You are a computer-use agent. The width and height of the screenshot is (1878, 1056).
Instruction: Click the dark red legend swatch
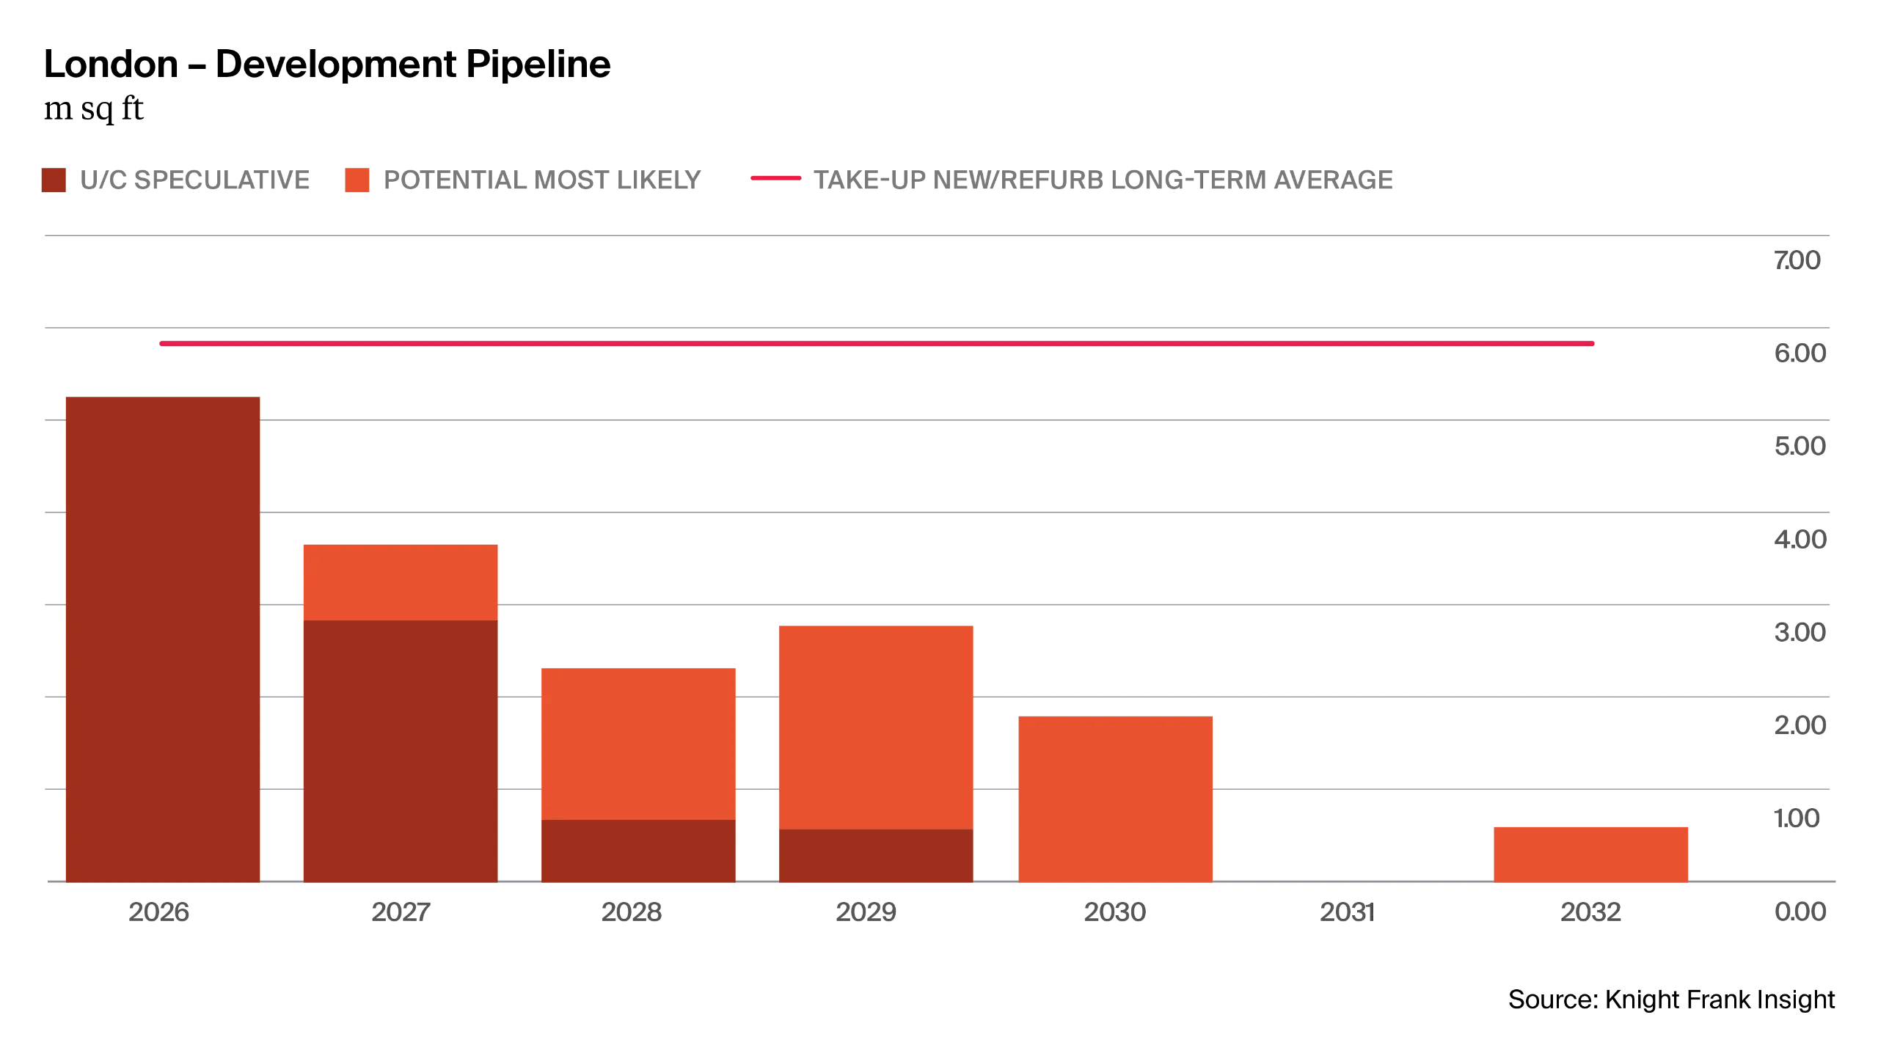54,180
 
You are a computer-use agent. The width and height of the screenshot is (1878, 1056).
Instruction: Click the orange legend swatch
355,180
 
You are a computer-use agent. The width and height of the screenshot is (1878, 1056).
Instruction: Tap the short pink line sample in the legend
773,178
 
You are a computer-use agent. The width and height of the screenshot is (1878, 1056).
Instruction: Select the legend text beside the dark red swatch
194,181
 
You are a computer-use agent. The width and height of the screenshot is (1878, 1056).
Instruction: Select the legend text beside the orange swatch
541,181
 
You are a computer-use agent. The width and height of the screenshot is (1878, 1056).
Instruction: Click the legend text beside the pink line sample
1105,181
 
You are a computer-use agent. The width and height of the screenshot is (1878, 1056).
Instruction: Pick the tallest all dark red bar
164,638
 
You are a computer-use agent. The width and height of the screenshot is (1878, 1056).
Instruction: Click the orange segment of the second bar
400,582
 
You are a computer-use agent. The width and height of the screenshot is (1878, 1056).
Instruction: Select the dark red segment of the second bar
400,752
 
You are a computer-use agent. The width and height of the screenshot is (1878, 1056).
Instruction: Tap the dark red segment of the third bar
638,851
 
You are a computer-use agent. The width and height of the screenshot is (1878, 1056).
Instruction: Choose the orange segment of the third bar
638,742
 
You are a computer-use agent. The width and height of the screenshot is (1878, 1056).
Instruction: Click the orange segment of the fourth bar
875,726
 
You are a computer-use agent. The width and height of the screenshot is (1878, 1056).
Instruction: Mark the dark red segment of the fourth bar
875,856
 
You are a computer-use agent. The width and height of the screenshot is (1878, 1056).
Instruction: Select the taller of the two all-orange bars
1115,799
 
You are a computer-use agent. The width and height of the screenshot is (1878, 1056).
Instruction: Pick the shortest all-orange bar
1590,853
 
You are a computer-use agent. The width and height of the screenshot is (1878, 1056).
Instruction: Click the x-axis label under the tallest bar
161,912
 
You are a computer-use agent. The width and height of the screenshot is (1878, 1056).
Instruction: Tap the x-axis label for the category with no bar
1346,912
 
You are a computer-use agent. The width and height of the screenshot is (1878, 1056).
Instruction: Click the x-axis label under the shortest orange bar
1592,912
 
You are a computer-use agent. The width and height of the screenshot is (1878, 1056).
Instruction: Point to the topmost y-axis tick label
1797,260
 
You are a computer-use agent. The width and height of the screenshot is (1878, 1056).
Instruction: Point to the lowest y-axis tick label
1797,912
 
